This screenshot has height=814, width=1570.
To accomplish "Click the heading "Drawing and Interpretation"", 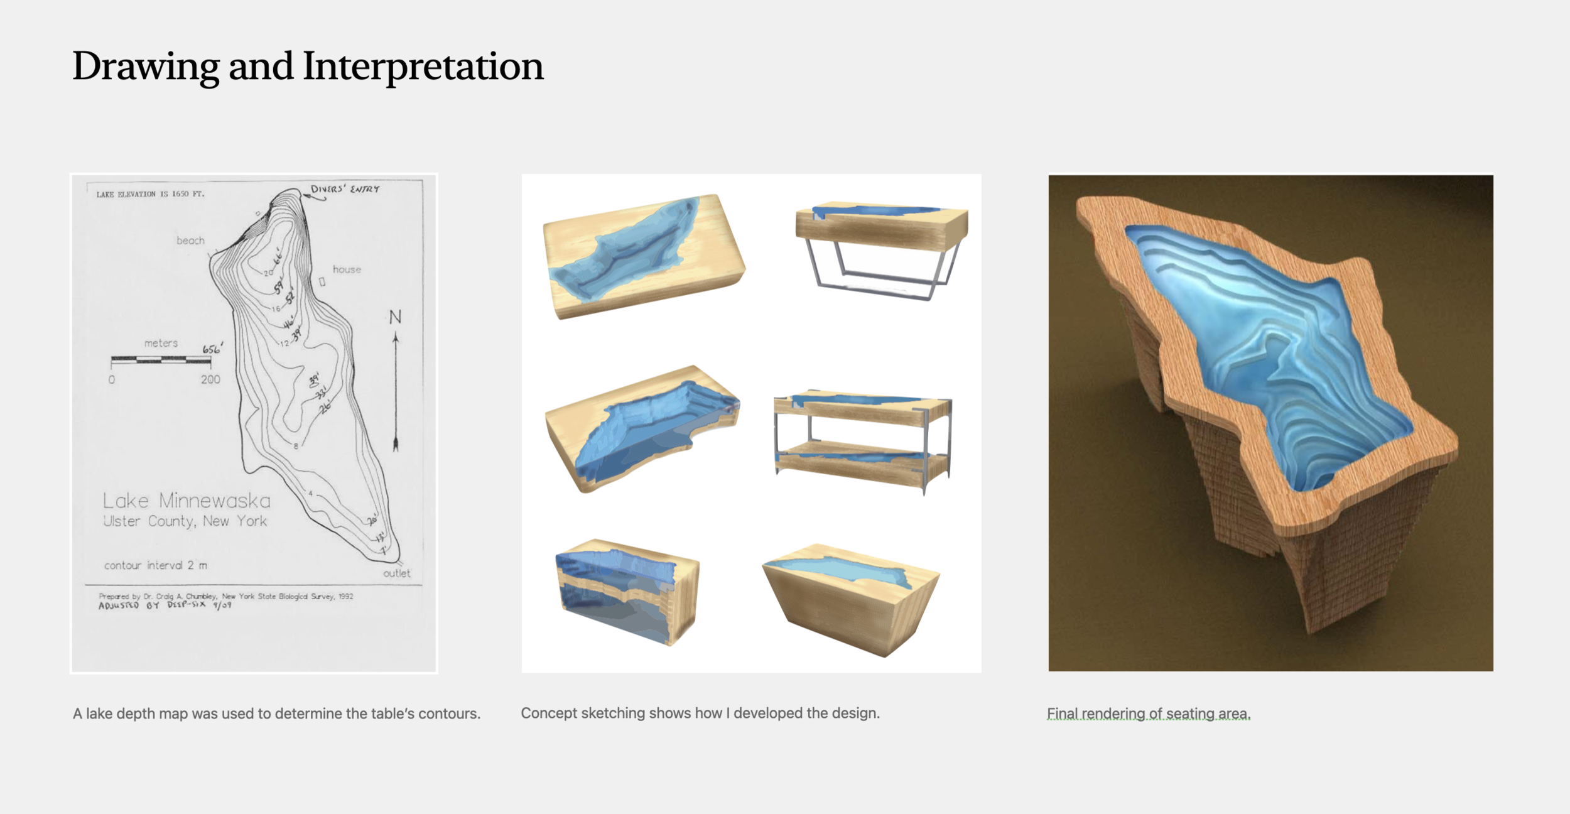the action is pos(308,66).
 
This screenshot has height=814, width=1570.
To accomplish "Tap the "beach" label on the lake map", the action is pos(190,241).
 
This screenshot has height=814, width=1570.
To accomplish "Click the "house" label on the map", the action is pos(347,269).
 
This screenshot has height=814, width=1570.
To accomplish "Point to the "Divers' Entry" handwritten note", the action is pos(345,189).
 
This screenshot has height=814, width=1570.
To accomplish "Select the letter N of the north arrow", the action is pos(395,317).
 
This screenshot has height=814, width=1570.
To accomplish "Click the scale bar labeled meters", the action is pos(161,360).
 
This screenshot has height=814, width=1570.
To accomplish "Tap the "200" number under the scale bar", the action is pos(210,379).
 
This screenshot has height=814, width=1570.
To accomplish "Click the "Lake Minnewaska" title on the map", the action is pos(187,501).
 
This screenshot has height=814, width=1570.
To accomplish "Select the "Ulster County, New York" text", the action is pos(185,521).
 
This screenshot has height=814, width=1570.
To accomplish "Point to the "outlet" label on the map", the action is pos(396,573).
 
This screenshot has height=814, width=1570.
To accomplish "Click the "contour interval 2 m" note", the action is pos(155,565).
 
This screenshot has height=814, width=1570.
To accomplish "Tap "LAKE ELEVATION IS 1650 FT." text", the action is pos(150,194).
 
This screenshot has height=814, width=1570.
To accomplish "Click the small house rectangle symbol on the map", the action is pos(322,282).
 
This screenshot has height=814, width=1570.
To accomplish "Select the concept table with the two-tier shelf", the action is pos(863,440).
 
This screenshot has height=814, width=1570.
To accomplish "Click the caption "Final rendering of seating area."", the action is pos(1149,714).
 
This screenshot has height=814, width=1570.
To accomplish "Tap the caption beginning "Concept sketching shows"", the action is pos(700,713).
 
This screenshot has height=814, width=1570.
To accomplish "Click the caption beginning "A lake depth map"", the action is pos(276,714).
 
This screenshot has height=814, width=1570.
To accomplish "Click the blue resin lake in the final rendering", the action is pos(1262,352).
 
